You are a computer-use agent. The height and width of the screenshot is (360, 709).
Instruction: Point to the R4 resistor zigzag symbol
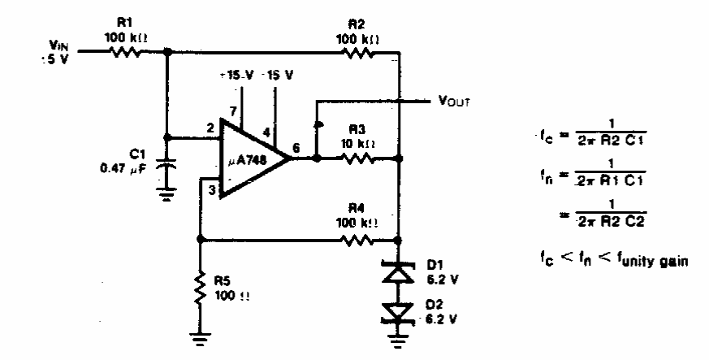pos(357,240)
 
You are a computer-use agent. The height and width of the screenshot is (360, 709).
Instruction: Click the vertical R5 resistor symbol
pos(199,289)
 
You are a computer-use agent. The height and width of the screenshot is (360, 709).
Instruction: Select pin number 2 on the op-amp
pos(210,128)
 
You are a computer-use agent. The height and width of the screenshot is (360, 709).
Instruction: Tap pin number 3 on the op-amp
pos(211,191)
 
